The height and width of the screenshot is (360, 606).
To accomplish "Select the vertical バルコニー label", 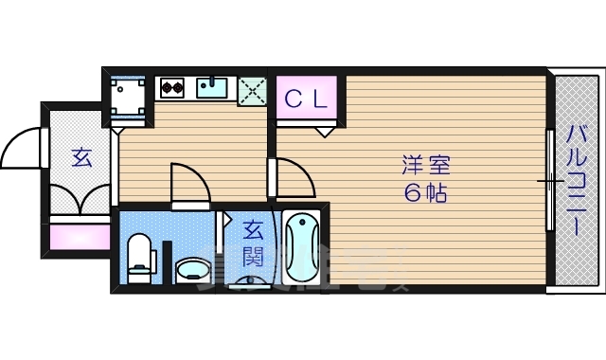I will tap(576, 179).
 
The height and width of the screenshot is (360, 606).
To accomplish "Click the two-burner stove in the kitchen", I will tap(171, 89).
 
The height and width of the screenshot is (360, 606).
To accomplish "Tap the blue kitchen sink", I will tap(213, 88).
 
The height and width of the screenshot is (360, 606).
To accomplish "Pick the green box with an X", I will tap(253, 90).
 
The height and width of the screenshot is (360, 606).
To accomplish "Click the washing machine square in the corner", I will tap(128, 97).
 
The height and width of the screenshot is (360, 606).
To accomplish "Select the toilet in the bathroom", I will tap(139, 259).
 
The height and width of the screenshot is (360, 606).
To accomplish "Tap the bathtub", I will tap(301, 248).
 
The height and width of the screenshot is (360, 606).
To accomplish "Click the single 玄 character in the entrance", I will tap(81, 158).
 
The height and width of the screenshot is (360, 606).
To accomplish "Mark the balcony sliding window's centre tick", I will tap(550, 179).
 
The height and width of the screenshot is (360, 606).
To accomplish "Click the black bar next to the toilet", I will tap(166, 261).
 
